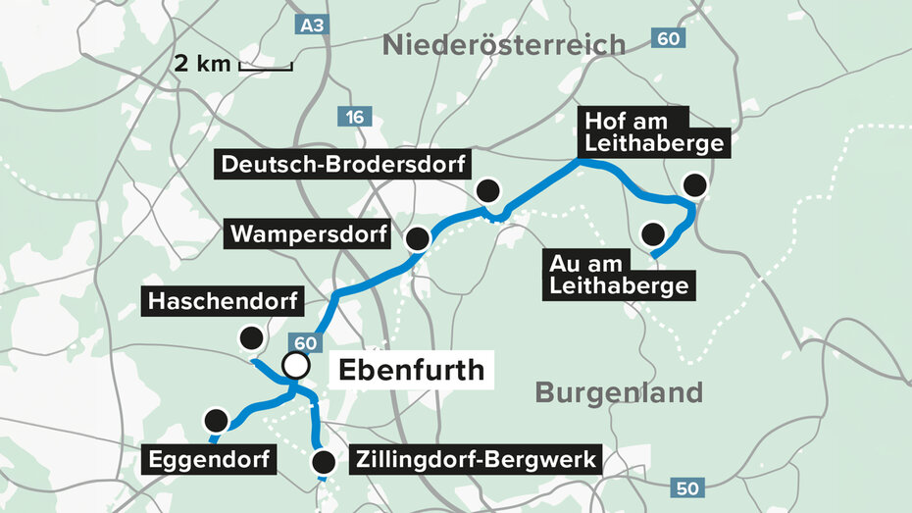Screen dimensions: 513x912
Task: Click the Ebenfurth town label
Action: pos(411,370)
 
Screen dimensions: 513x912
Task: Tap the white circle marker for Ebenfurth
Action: pos(296,367)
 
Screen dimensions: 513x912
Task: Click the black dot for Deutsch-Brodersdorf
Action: pos(487,189)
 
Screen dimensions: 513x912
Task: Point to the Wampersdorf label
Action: pos(309,234)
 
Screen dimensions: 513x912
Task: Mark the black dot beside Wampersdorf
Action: pos(418,237)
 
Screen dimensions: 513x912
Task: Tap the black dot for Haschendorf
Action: pos(252,338)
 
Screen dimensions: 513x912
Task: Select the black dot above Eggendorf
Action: pos(216,421)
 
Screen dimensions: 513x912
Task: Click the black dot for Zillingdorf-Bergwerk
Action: pos(323,461)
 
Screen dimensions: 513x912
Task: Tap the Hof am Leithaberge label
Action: pos(653,133)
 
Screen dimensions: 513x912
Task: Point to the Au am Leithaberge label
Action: pos(620,274)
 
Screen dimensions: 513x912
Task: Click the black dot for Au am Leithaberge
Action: pos(652,234)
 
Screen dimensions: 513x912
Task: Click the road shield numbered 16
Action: pos(353,118)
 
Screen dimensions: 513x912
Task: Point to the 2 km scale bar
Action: pos(265,67)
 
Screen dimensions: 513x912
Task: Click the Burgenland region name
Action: pos(619,393)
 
